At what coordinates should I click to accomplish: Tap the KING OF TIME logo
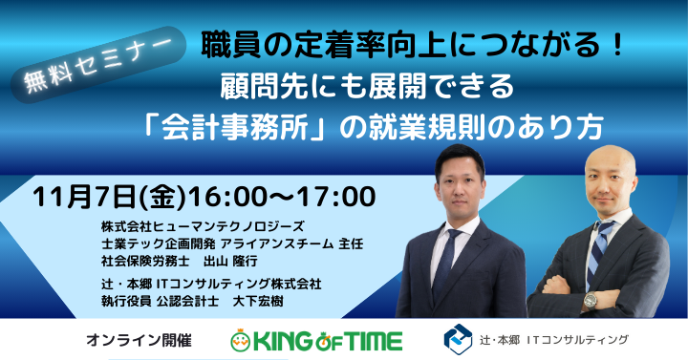click(316, 340)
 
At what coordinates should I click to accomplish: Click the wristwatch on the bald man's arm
click(590, 300)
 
